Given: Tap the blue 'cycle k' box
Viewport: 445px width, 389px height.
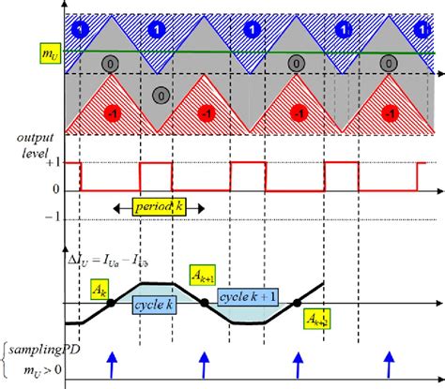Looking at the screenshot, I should click(149, 304).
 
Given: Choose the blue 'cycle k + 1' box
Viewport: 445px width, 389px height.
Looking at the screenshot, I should click(246, 297).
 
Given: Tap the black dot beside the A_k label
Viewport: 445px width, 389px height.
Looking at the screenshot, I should click(113, 303).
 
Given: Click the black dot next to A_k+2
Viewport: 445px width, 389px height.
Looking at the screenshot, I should click(297, 303).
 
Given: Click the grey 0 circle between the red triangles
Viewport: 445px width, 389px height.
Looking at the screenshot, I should click(161, 96).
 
